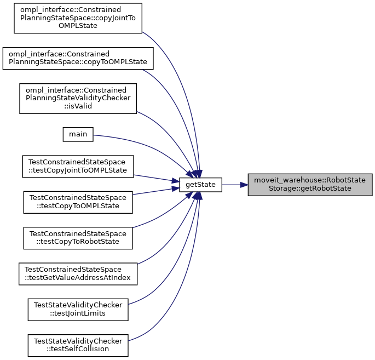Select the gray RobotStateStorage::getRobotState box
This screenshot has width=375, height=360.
coord(310,185)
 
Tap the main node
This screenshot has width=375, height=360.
coord(78,134)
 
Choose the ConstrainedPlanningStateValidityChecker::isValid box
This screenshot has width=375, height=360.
coord(77,99)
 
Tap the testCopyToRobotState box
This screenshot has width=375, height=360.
coord(78,236)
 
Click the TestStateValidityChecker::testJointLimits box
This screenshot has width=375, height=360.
coord(78,310)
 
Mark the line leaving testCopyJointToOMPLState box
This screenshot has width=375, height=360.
coord(156,179)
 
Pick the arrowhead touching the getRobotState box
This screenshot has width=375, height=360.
coord(244,185)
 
